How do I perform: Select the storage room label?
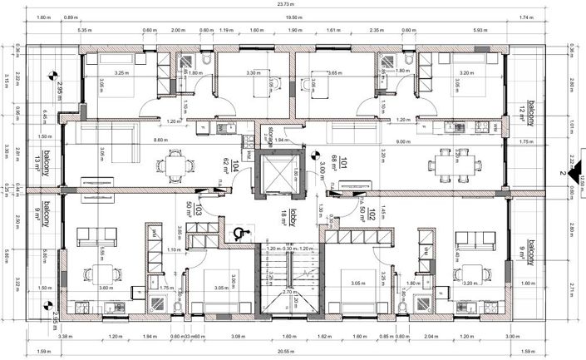tap(271, 135)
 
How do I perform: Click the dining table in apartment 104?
tap(175, 166)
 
